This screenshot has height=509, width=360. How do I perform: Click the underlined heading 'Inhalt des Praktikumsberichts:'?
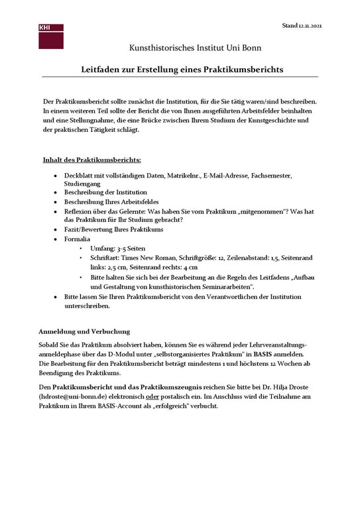coord(91,160)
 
